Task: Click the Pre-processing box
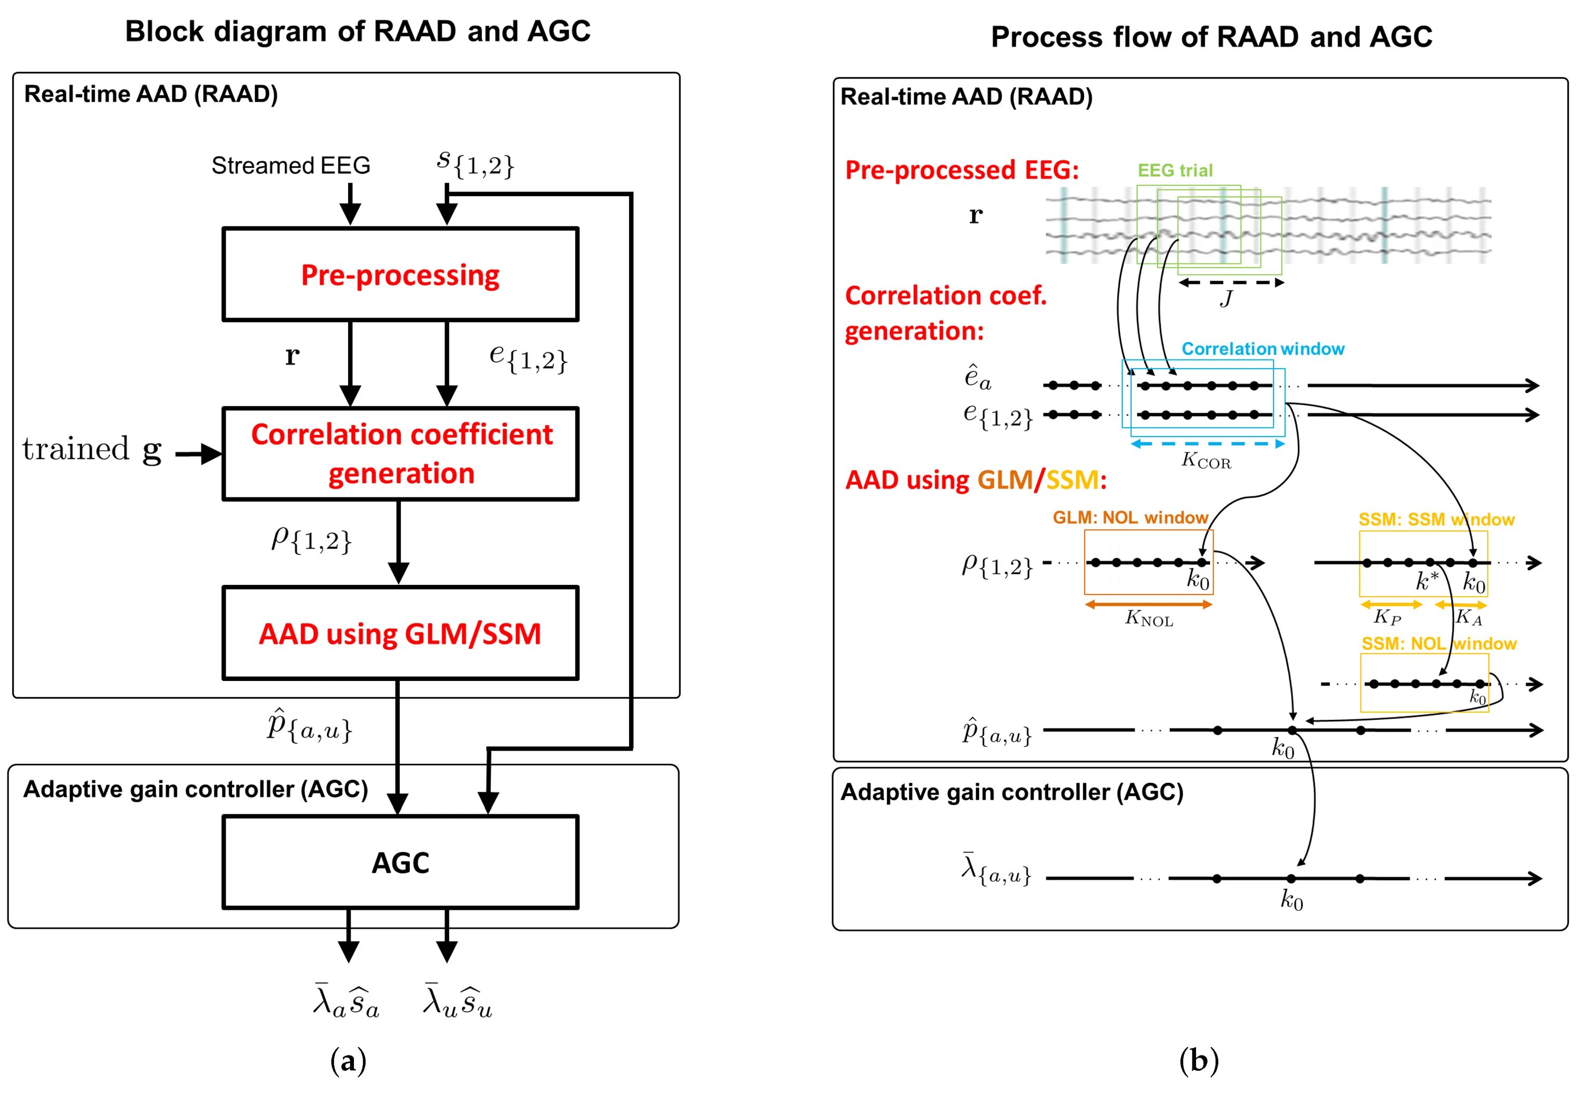pos(400,274)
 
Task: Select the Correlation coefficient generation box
pos(400,454)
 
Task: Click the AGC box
pos(400,862)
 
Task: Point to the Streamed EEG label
pos(291,165)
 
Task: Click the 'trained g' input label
pos(92,449)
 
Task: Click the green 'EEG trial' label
pos(1175,170)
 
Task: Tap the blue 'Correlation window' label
pos(1262,349)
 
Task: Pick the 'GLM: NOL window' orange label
pos(1130,517)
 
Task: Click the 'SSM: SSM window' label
pos(1436,520)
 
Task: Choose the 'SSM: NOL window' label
pos(1439,643)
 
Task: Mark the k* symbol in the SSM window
pos(1427,581)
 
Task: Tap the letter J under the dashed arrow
pos(1226,299)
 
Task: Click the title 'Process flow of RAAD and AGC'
pos(1211,36)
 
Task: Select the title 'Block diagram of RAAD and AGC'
pos(358,32)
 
